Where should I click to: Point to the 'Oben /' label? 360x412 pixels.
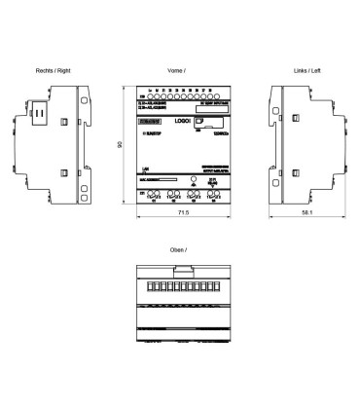pyautogui.click(x=179, y=251)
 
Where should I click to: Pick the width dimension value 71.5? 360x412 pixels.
pyautogui.click(x=180, y=209)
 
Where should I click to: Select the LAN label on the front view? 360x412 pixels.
pyautogui.click(x=145, y=169)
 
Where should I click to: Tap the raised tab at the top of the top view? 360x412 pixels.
pyautogui.click(x=180, y=269)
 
